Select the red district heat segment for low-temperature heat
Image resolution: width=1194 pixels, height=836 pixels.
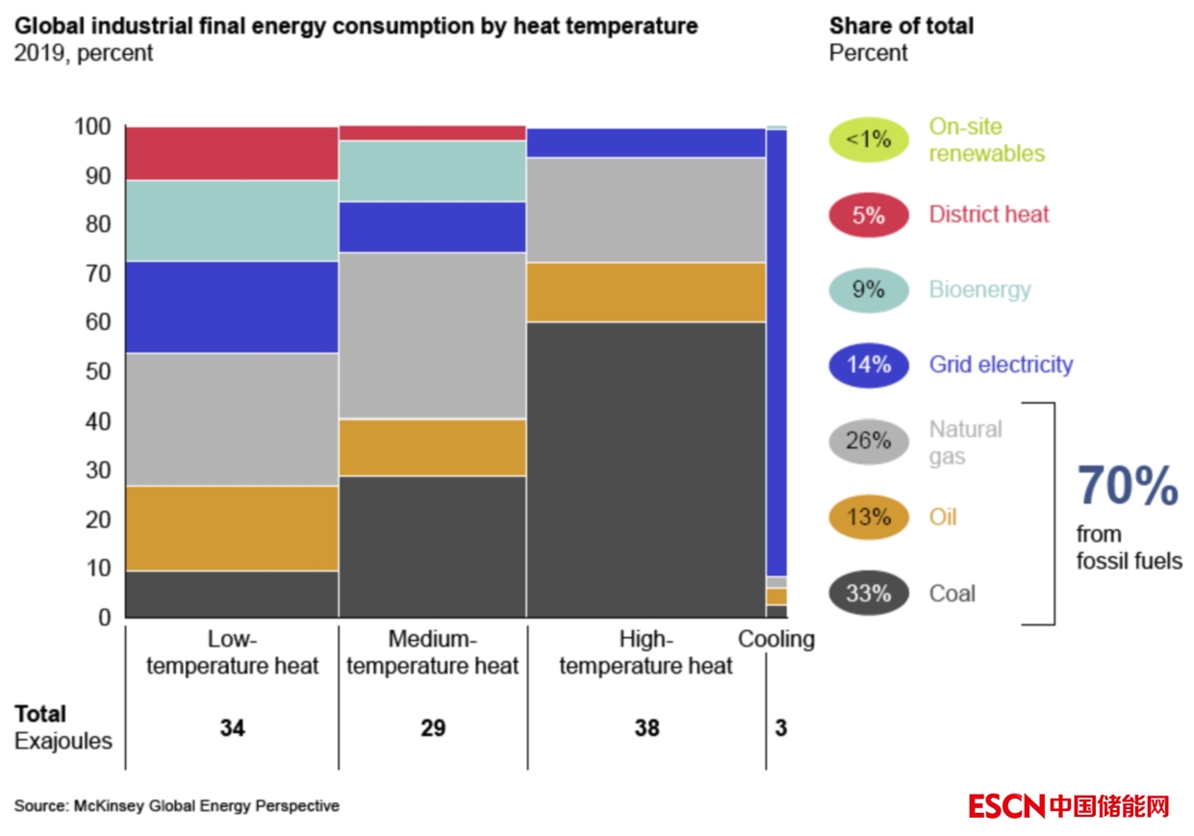click(231, 153)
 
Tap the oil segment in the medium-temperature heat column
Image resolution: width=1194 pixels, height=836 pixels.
click(432, 447)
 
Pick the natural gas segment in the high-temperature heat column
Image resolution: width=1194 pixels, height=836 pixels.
click(646, 210)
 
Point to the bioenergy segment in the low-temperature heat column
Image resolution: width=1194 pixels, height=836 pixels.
click(231, 220)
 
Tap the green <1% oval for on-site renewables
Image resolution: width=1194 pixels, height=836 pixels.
click(868, 139)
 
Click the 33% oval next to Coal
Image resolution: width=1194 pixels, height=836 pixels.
click(868, 594)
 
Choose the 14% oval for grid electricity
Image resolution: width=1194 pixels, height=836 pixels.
click(868, 365)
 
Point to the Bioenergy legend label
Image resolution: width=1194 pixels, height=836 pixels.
click(979, 290)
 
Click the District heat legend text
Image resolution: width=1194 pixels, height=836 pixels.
click(988, 215)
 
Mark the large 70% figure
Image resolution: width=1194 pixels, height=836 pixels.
click(1127, 486)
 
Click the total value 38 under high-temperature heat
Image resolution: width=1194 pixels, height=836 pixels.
click(647, 728)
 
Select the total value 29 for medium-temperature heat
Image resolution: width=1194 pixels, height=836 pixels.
click(433, 728)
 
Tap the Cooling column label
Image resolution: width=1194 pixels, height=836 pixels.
click(775, 639)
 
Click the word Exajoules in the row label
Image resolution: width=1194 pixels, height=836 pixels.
click(64, 742)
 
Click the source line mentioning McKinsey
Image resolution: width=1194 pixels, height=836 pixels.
click(176, 806)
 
